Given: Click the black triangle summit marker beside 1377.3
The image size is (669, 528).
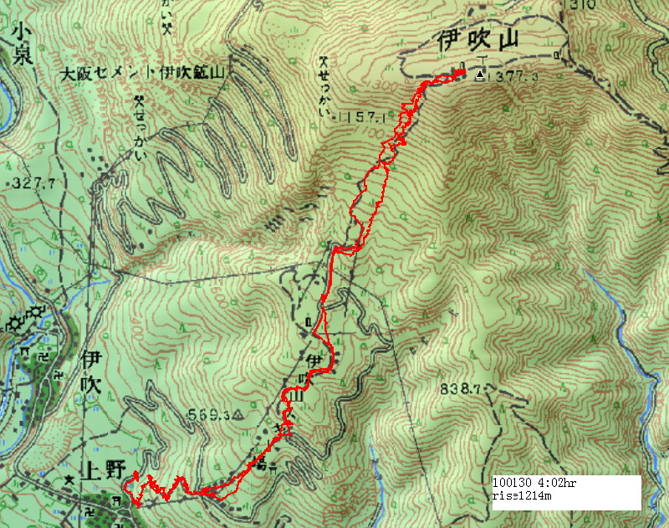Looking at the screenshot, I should (x=480, y=75).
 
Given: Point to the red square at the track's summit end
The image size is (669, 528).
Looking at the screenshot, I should (x=461, y=74).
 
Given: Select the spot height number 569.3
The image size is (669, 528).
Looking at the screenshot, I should (x=208, y=414).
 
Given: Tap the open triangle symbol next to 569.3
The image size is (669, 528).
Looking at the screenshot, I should (x=237, y=414).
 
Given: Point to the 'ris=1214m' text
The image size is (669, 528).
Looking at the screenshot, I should (x=522, y=496).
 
